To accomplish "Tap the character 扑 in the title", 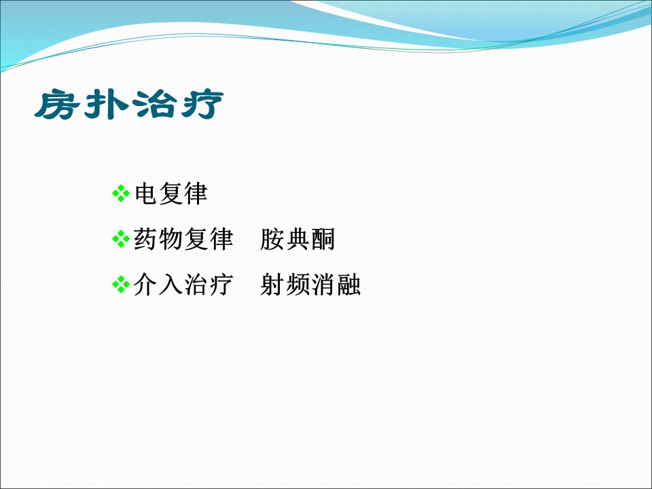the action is pos(106,104).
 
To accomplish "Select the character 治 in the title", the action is pos(154,104).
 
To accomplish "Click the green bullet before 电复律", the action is pos(121,194).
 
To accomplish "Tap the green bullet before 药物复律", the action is pos(121,239).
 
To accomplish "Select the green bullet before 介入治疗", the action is pos(121,285).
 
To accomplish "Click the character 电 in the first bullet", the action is pos(145,194).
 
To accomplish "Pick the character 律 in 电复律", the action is pos(196,194).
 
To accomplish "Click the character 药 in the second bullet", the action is pos(145,239).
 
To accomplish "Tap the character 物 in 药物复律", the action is pos(170,239).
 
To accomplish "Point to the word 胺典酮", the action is pos(297,239).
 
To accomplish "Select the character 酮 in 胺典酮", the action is pos(323,239).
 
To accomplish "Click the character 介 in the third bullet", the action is pos(145,285).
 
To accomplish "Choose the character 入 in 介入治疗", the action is pos(170,285).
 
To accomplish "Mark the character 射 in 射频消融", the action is pos(272,285).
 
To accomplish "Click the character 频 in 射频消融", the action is pos(297,285).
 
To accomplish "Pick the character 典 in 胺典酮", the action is pos(297,239).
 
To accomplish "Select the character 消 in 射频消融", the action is pos(323,285).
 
